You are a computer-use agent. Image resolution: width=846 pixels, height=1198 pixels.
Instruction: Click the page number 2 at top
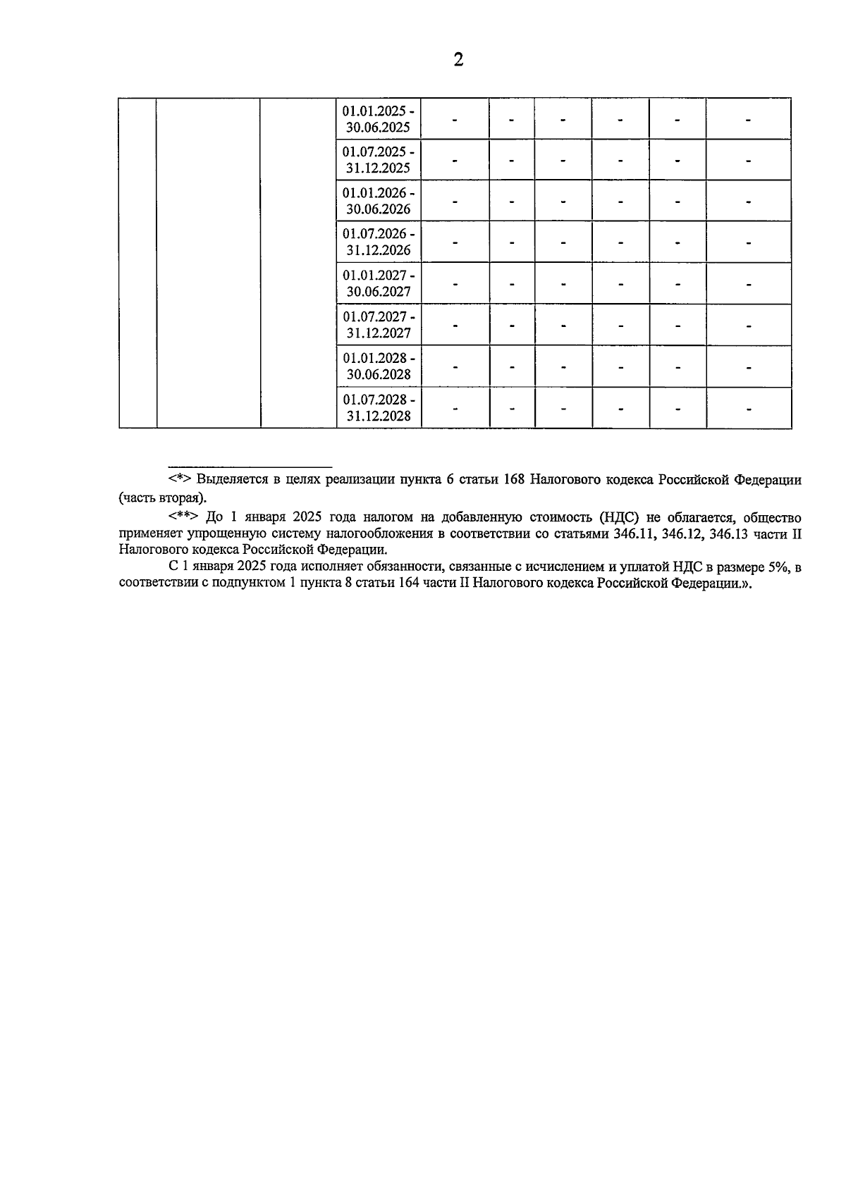pyautogui.click(x=458, y=60)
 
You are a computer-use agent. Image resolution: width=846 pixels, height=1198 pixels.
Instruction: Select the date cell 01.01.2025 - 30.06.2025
pyautogui.click(x=379, y=119)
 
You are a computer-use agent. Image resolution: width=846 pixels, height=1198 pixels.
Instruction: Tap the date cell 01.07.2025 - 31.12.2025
pyautogui.click(x=379, y=160)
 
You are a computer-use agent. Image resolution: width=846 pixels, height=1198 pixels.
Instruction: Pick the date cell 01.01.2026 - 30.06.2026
pyautogui.click(x=379, y=201)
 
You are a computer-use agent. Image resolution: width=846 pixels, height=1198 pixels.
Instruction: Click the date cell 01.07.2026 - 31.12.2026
pyautogui.click(x=379, y=242)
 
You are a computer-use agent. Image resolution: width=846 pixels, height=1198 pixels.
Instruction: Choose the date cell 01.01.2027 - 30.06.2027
pyautogui.click(x=379, y=283)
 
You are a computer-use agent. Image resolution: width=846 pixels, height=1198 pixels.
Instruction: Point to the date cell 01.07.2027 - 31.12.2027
pyautogui.click(x=379, y=324)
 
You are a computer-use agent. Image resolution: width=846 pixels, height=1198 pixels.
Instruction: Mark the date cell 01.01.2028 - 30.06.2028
pyautogui.click(x=379, y=366)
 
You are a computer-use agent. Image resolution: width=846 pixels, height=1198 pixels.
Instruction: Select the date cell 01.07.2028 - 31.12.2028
pyautogui.click(x=379, y=407)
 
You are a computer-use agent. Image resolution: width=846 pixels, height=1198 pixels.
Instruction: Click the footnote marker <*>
pyautogui.click(x=180, y=480)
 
